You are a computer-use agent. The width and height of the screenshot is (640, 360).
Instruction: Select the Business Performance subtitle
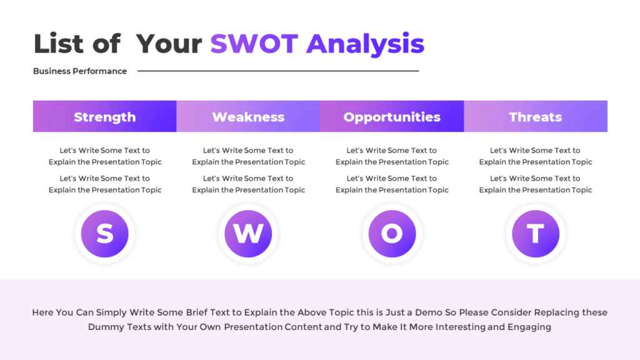tap(80, 71)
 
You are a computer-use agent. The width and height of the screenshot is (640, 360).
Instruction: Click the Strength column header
tap(104, 117)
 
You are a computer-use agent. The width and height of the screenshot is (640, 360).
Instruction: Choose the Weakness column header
tap(248, 117)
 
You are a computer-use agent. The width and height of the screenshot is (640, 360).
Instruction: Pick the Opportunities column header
tap(392, 117)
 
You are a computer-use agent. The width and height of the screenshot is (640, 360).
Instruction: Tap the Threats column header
tap(536, 117)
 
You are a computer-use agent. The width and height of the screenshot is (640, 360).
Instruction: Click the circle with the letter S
tap(104, 234)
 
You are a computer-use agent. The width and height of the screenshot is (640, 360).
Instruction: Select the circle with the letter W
tap(248, 234)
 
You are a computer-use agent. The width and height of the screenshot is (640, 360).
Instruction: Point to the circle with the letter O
tap(392, 234)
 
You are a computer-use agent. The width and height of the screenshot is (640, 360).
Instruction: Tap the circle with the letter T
tap(536, 234)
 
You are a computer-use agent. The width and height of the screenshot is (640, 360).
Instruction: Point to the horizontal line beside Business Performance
tap(278, 71)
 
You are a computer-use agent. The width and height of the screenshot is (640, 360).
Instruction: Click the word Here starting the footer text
tap(44, 312)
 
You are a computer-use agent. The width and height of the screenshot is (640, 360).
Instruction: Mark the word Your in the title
tap(169, 44)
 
